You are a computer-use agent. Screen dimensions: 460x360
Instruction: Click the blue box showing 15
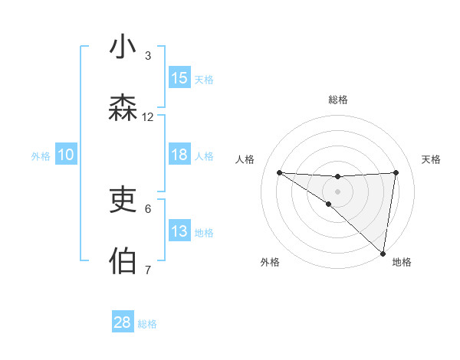tap(179, 78)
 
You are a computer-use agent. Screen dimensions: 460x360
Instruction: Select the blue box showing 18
tap(179, 155)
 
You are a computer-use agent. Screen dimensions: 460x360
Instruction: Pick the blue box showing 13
tap(179, 231)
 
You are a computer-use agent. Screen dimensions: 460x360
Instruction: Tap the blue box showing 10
tap(66, 155)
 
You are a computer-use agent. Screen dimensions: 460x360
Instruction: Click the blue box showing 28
tap(123, 322)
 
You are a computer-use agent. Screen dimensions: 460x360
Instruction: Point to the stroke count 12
tap(148, 117)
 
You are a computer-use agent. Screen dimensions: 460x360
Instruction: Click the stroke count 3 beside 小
tap(148, 56)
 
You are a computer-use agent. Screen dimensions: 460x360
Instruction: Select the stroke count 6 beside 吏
tap(148, 208)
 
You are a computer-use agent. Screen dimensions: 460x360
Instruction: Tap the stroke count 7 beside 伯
tap(148, 270)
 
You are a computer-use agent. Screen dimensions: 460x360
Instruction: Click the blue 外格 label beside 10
tap(41, 155)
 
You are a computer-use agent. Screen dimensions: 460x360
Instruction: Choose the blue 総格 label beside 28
tap(147, 324)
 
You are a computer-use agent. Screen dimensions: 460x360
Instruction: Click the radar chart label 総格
tap(338, 100)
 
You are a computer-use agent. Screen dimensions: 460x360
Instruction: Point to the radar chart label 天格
tap(432, 159)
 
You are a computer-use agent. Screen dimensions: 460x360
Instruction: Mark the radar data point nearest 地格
tap(383, 253)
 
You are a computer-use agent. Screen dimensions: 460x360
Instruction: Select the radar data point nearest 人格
tap(279, 172)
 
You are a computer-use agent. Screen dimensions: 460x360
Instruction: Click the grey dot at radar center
tap(338, 191)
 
